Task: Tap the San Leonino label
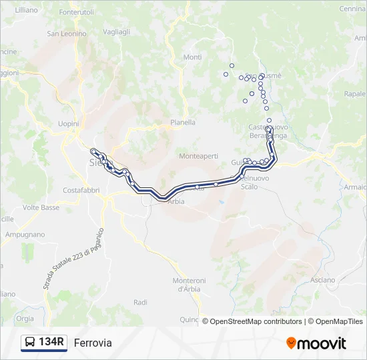pyautogui.click(x=67, y=33)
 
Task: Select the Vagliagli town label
pyautogui.click(x=117, y=32)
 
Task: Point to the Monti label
pyautogui.click(x=192, y=57)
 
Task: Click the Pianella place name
pyautogui.click(x=183, y=122)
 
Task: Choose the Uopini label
pyautogui.click(x=69, y=124)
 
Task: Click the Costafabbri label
pyautogui.click(x=81, y=190)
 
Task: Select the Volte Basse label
pyautogui.click(x=41, y=207)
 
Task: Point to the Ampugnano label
pyautogui.click(x=25, y=235)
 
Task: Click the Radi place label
pyautogui.click(x=140, y=302)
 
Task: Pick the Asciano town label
pyautogui.click(x=322, y=280)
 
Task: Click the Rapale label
pyautogui.click(x=354, y=94)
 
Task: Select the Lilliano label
pyautogui.click(x=25, y=11)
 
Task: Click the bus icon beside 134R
pyautogui.click(x=29, y=343)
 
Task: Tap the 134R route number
pyautogui.click(x=51, y=343)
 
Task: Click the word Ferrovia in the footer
pyautogui.click(x=93, y=343)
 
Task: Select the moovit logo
pyautogui.click(x=316, y=343)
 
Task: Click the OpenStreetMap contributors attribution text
pyautogui.click(x=256, y=321)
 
